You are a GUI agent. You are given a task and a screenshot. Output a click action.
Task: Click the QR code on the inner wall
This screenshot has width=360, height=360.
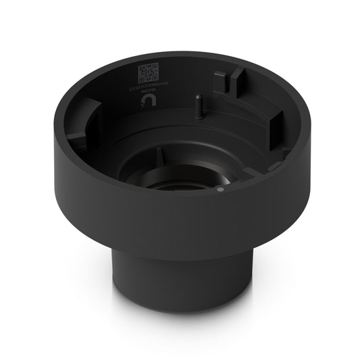[x=147, y=71]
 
